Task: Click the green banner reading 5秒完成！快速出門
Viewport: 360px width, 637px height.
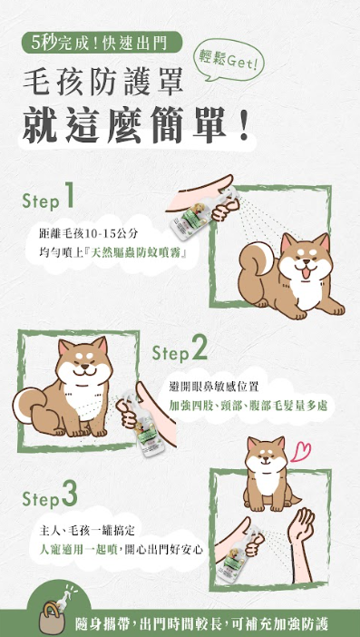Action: (x=101, y=42)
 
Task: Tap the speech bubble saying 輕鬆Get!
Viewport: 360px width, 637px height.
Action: (x=229, y=60)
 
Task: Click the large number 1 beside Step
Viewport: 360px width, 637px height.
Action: (x=68, y=194)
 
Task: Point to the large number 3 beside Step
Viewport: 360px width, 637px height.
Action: (x=70, y=494)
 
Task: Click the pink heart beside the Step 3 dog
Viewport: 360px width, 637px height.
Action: (x=301, y=451)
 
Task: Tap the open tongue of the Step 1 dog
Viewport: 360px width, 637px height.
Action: (x=305, y=272)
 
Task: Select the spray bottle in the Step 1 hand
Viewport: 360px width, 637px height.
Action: (x=190, y=215)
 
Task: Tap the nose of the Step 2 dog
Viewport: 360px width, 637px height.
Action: (x=83, y=366)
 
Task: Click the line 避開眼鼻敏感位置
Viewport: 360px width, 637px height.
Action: (x=213, y=387)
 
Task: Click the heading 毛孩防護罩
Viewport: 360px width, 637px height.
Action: (x=103, y=82)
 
